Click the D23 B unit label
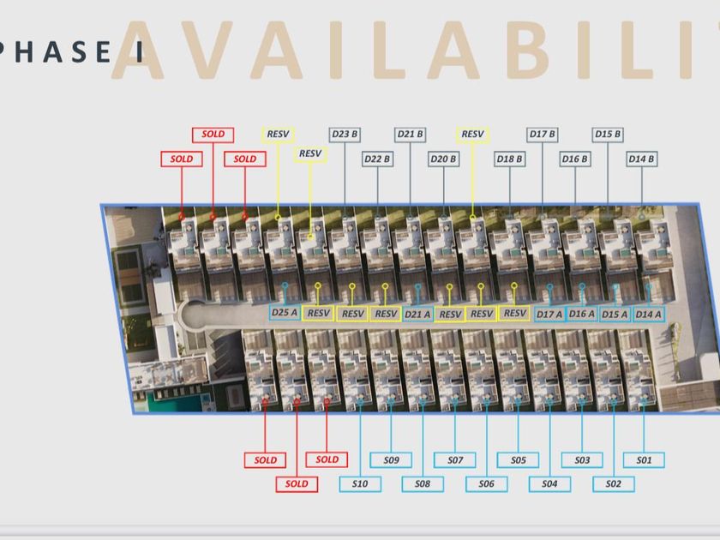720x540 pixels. click(345, 135)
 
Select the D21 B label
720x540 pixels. click(411, 135)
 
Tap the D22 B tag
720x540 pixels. click(377, 159)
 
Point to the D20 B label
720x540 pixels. click(443, 159)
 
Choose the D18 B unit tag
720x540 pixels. click(509, 159)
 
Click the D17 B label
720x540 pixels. click(542, 135)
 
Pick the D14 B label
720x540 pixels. click(641, 159)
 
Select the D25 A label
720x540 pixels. click(285, 313)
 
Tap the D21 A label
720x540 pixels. click(417, 314)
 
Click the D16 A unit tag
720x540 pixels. click(582, 314)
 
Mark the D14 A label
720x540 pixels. click(649, 314)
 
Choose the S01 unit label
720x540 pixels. click(644, 460)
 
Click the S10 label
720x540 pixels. click(360, 484)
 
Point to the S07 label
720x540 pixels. click(455, 460)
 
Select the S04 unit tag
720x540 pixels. click(549, 484)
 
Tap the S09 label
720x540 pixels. click(391, 460)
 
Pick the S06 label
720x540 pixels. click(486, 484)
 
